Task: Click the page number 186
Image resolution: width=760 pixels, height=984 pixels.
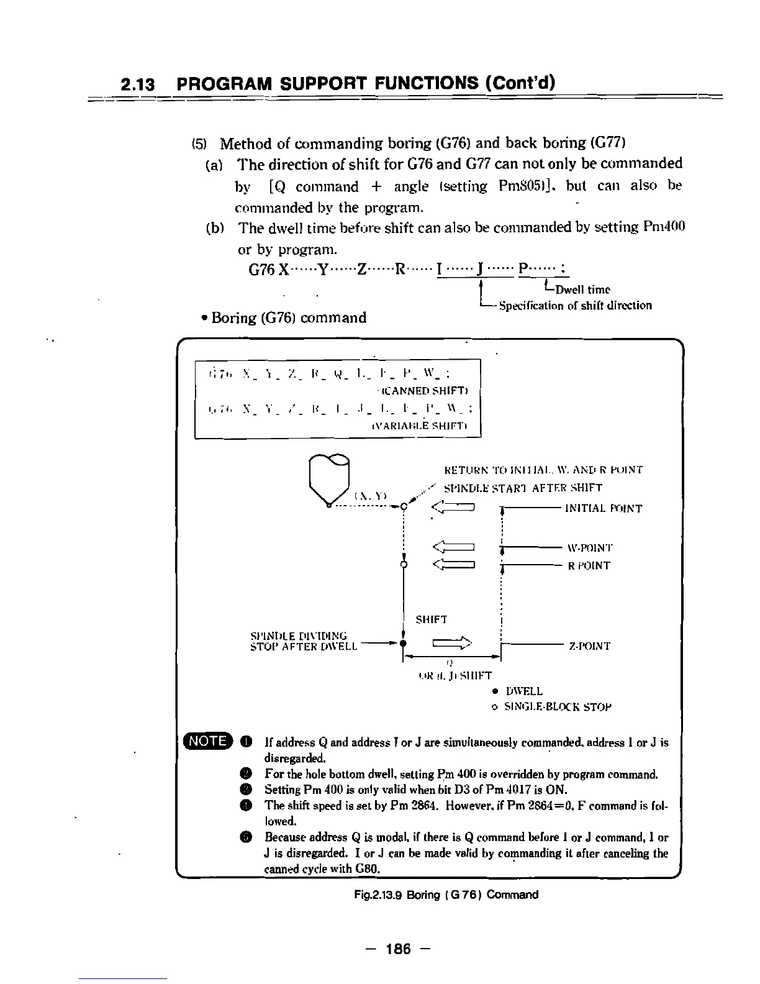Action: (x=398, y=949)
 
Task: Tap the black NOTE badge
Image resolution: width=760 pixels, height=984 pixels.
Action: (x=208, y=740)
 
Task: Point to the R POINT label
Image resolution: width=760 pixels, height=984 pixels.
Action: (x=589, y=565)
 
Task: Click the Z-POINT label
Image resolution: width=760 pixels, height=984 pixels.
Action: (x=589, y=646)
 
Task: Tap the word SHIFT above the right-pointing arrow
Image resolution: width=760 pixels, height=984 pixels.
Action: (x=432, y=619)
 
